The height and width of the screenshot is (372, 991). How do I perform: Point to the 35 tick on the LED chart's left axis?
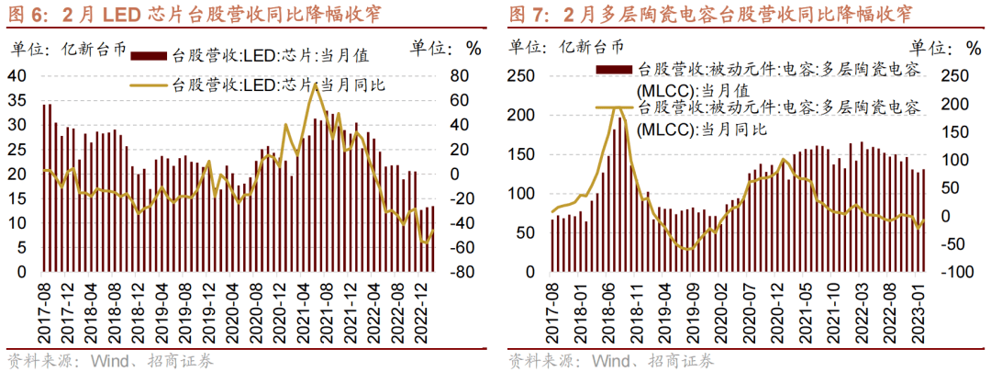17,100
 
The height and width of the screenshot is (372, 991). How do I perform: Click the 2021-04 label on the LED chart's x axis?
302,311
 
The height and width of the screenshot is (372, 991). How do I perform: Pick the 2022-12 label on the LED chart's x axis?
421,311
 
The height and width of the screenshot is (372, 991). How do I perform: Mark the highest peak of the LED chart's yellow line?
315,85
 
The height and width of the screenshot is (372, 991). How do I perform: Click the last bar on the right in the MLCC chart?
924,220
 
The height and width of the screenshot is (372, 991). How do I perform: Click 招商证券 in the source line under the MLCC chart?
683,360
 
